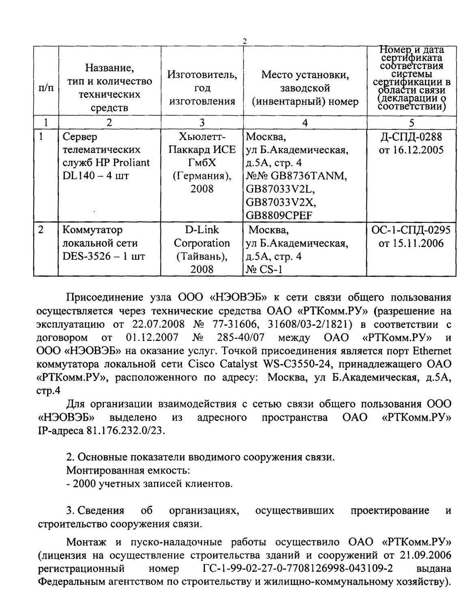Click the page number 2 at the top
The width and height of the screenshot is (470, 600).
point(244,41)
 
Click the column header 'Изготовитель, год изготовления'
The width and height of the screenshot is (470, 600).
point(202,88)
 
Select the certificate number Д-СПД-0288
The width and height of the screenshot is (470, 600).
point(411,137)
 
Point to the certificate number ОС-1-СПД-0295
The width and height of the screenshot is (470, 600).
point(411,230)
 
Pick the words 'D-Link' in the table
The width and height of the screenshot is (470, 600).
point(202,230)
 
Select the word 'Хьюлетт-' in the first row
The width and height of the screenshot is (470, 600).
point(202,136)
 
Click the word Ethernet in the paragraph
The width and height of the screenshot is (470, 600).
point(431,351)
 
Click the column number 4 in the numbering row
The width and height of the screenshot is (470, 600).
point(305,123)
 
